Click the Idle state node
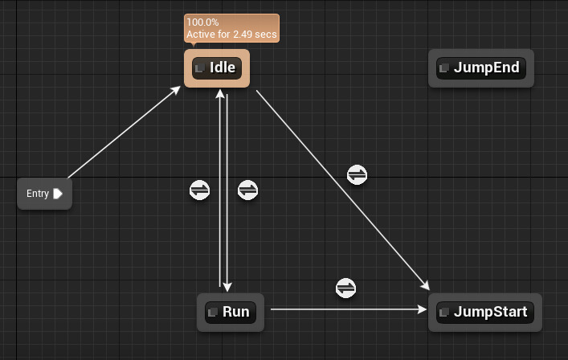tap(217, 68)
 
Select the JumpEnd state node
tap(480, 68)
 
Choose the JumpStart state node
tap(484, 312)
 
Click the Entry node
tap(44, 194)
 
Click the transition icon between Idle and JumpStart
tap(357, 174)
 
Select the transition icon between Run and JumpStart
tap(345, 288)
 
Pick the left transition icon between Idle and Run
tap(199, 190)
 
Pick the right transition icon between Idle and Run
tap(248, 190)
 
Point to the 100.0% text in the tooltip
tap(202, 22)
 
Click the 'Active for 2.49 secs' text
tap(231, 35)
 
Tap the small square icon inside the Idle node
tap(200, 68)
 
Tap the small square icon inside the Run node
tap(213, 312)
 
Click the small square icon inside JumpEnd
tap(444, 68)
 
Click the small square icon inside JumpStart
tap(444, 312)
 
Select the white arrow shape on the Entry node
tap(58, 194)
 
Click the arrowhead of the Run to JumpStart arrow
tap(423, 309)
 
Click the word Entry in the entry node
tap(38, 194)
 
